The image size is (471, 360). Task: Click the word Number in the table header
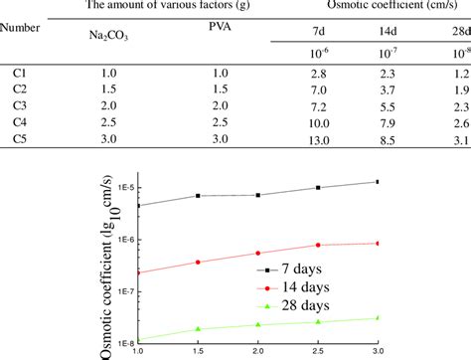pos(21,27)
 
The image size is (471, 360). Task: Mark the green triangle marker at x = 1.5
pos(198,328)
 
